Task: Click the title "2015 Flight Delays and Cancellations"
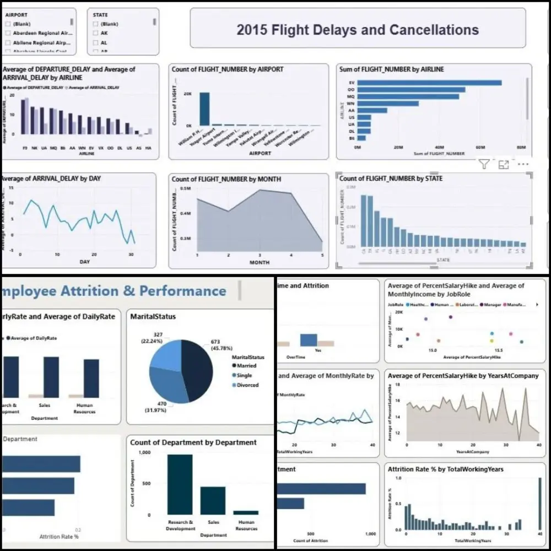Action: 358,29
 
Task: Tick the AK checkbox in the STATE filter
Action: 96,33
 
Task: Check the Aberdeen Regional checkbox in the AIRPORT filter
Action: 7,33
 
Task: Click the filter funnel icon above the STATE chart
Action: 484,164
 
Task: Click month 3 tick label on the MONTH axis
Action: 260,255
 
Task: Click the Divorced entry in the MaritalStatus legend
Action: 247,385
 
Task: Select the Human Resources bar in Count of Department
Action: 245,512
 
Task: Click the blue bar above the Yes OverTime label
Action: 309,340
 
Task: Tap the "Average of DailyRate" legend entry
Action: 33,338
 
